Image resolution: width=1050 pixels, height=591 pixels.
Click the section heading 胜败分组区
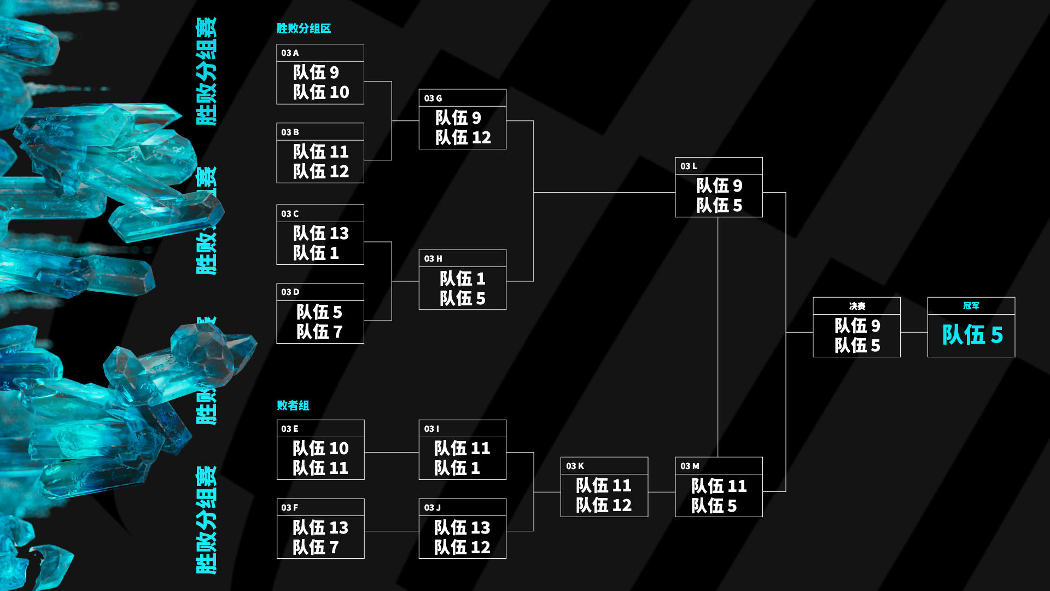point(304,28)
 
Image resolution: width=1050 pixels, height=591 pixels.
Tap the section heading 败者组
point(293,405)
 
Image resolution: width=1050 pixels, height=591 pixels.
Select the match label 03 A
point(290,53)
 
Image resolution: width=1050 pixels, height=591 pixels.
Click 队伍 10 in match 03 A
point(321,92)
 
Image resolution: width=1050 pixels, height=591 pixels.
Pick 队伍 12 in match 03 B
point(321,171)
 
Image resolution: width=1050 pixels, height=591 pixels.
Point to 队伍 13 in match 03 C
point(321,233)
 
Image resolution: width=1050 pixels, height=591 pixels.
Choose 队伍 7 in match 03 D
point(319,332)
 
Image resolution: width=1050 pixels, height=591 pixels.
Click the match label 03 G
point(433,99)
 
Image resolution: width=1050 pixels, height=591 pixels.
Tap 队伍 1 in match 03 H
point(463,279)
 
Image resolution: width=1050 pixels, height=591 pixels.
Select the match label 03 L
point(689,166)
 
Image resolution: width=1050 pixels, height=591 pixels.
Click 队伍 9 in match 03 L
point(719,186)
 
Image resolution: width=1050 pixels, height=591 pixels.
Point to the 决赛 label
point(857,306)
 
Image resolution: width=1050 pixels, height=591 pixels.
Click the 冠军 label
point(971,306)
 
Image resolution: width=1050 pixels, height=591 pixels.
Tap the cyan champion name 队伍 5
point(972,335)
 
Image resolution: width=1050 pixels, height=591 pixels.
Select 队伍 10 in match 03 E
point(320,448)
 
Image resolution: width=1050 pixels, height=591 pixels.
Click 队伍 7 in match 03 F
point(316,547)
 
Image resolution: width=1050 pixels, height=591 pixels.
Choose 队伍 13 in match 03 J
point(462,528)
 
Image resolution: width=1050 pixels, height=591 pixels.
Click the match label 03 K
point(575,466)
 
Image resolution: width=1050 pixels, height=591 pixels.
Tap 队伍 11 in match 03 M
point(719,486)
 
